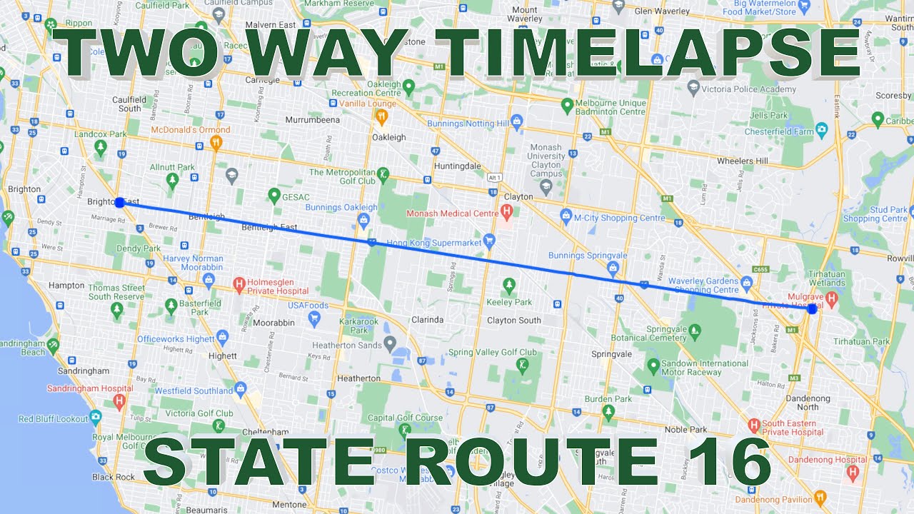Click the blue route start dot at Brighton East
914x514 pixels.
coord(120,203)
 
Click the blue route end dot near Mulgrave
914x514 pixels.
coord(812,309)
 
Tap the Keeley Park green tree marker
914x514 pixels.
coord(509,286)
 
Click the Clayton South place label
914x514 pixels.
coord(514,321)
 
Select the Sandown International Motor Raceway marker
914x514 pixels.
coord(653,366)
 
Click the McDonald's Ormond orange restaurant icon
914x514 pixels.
coord(216,142)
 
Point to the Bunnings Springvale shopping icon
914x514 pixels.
coord(612,268)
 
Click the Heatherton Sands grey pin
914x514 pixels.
coord(390,345)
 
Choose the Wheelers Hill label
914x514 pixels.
coord(742,161)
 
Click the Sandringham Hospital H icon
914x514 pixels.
coord(119,400)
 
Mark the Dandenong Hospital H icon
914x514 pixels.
coord(852,472)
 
